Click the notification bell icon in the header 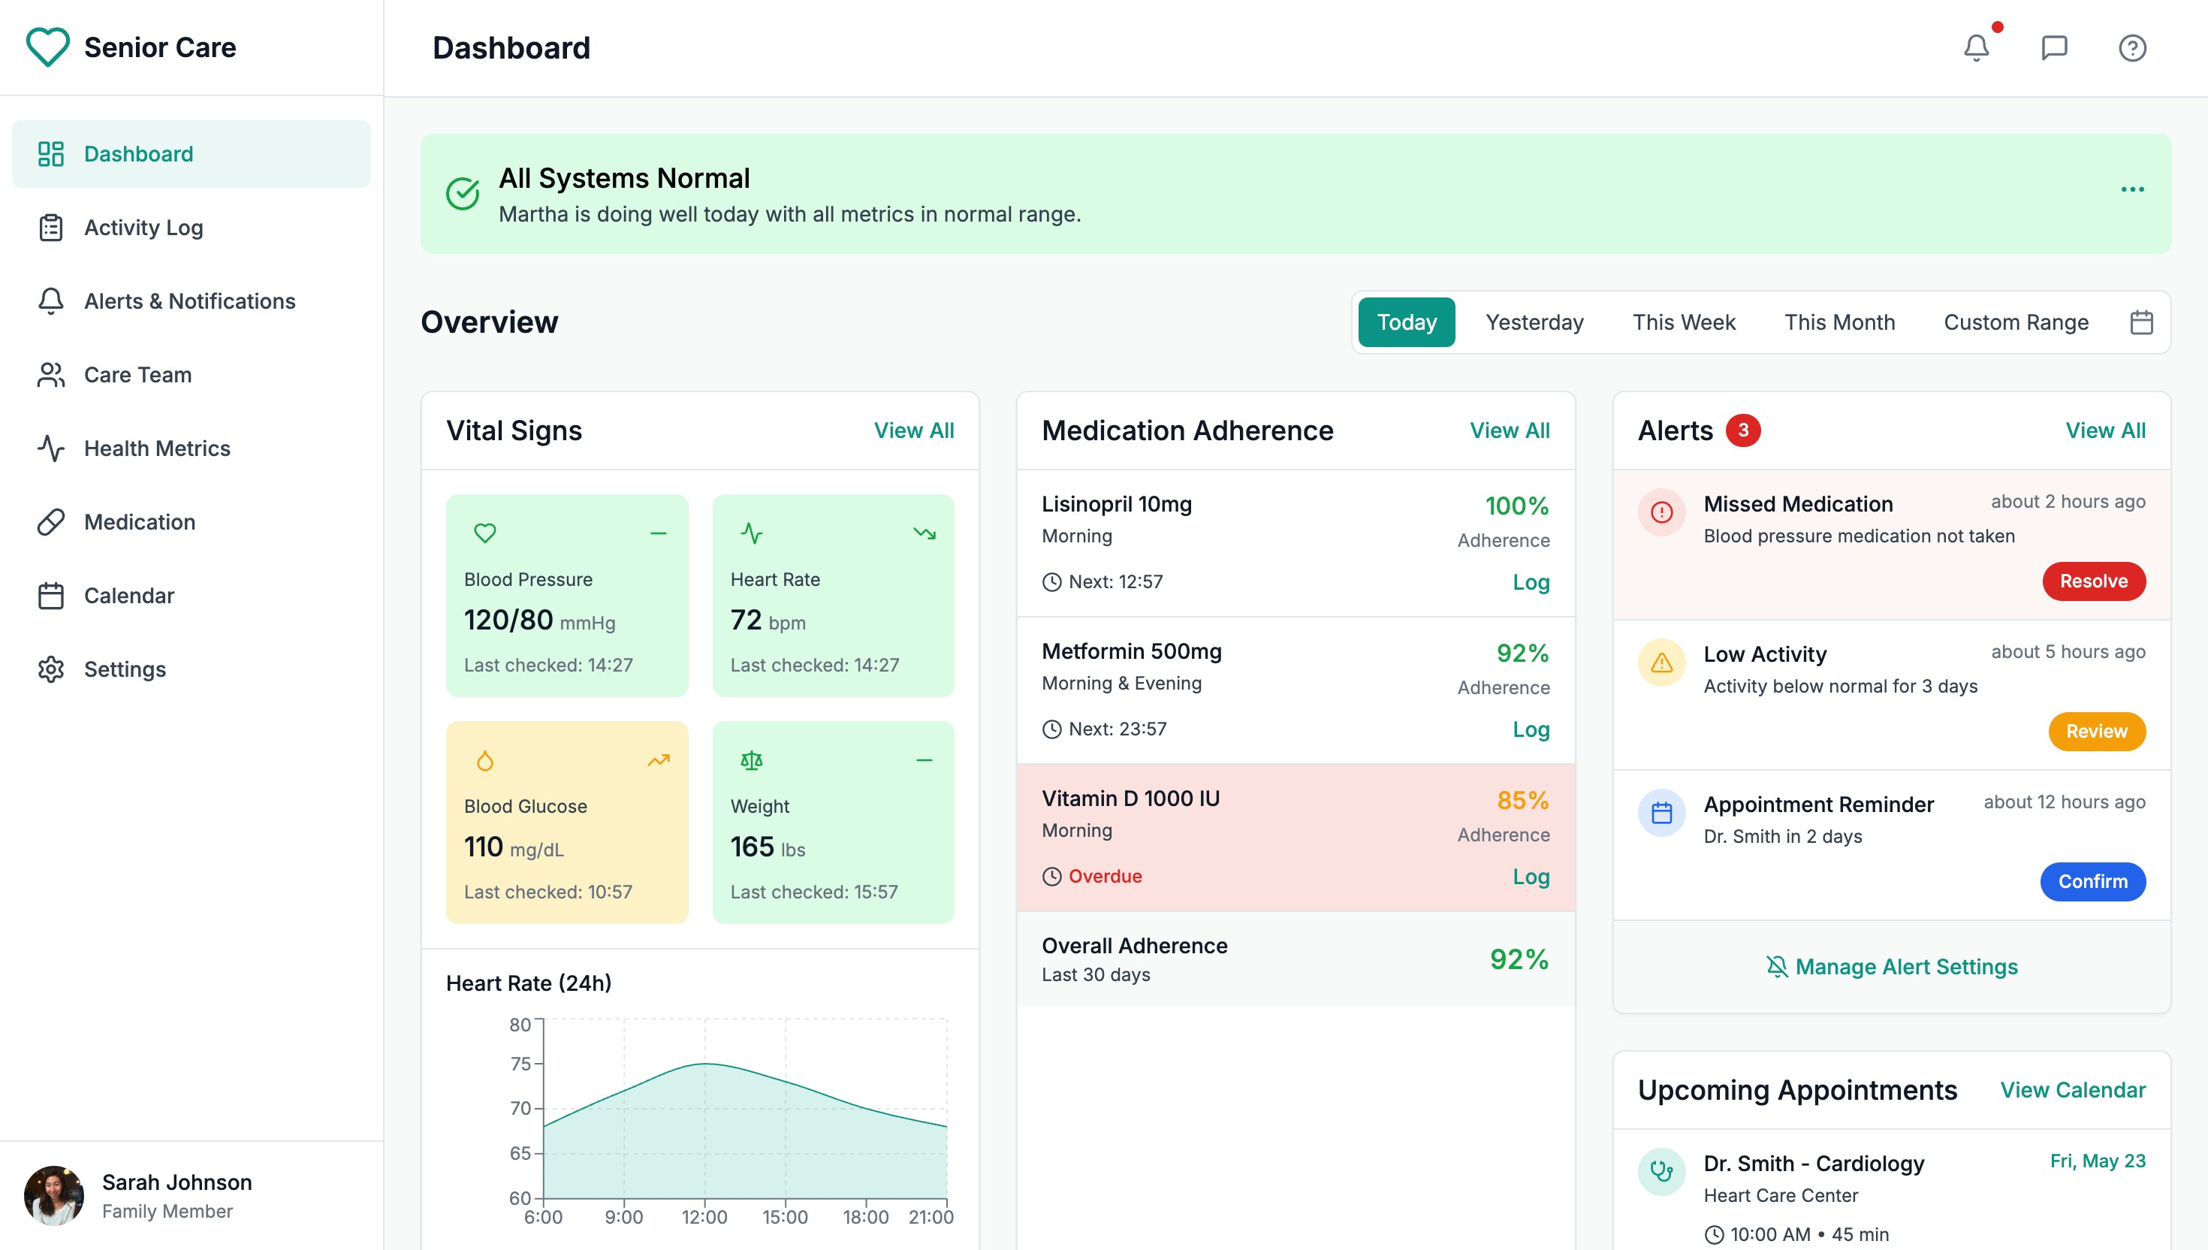(x=1975, y=48)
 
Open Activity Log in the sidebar (x=143, y=228)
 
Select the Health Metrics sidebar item (x=157, y=448)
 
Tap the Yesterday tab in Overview (x=1534, y=322)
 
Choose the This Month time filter (x=1839, y=322)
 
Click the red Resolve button (x=2093, y=581)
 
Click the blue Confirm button (x=2092, y=882)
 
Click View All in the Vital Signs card (x=913, y=430)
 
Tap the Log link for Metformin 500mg (x=1530, y=729)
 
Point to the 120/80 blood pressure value (x=508, y=620)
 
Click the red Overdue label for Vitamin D (x=1105, y=876)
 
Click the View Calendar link (x=2071, y=1089)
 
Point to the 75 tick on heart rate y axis (x=520, y=1064)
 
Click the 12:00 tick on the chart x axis (x=704, y=1216)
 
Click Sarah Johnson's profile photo (x=54, y=1195)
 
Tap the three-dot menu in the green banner (x=2131, y=189)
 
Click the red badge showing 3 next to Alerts (x=1743, y=430)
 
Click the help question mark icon (x=2131, y=48)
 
